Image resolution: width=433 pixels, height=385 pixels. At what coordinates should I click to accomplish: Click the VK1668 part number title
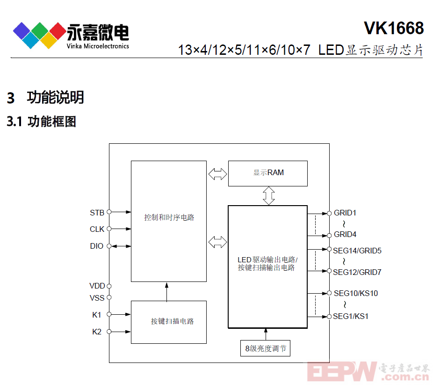[394, 28]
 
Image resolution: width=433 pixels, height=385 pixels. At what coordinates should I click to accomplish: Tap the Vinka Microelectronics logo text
[98, 46]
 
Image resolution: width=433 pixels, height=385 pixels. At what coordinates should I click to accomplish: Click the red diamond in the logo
[58, 31]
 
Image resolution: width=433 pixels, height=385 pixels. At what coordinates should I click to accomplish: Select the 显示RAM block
[268, 173]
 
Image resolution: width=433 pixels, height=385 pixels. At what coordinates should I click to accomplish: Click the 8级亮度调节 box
[266, 348]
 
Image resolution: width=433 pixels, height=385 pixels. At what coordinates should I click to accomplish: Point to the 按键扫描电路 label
[173, 321]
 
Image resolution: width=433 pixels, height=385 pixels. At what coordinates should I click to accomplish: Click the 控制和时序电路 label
[169, 217]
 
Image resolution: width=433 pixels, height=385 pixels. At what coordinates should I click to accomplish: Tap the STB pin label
[97, 213]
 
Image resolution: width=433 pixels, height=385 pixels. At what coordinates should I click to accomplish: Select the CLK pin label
[97, 230]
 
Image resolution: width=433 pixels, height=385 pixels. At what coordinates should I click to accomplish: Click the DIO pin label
[97, 246]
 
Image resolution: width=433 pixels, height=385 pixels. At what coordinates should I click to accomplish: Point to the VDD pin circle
[109, 286]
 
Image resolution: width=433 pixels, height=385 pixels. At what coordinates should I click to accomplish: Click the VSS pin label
[97, 298]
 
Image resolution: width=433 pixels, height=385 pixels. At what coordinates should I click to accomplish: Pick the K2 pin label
[97, 332]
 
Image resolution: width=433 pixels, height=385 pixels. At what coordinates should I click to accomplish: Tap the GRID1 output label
[345, 213]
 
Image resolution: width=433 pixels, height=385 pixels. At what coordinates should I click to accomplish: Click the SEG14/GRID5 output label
[357, 251]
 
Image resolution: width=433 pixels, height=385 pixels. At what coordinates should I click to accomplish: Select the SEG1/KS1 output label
[350, 316]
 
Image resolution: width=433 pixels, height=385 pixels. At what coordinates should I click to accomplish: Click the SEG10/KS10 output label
[356, 293]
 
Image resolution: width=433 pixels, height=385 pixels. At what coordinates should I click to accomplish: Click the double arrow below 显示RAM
[268, 196]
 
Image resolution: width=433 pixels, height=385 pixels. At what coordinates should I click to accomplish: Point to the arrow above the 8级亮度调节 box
[266, 334]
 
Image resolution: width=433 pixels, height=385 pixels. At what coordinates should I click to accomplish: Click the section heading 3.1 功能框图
[42, 122]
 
